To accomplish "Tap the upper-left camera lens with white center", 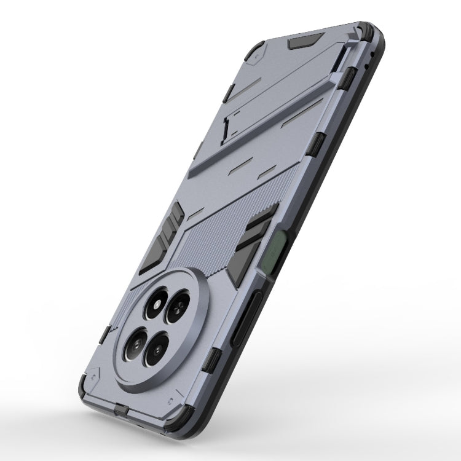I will coord(154,305).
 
